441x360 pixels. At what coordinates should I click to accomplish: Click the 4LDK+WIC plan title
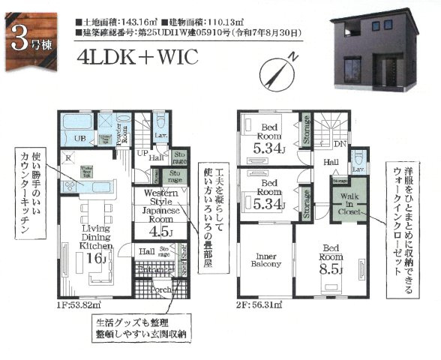click(x=136, y=58)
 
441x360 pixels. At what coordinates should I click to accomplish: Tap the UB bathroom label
click(x=77, y=139)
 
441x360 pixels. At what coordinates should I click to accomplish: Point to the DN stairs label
click(x=340, y=142)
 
